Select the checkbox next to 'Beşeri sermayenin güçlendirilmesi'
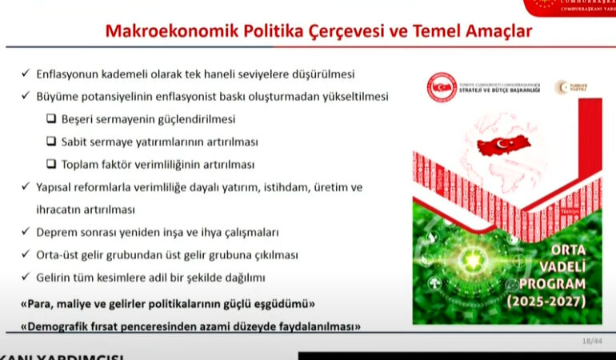point(51,119)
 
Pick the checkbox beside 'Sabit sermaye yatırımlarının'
point(51,142)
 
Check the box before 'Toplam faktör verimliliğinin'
point(51,164)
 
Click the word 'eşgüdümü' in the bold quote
point(282,304)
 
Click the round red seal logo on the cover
point(441,87)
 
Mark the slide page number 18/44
point(592,342)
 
